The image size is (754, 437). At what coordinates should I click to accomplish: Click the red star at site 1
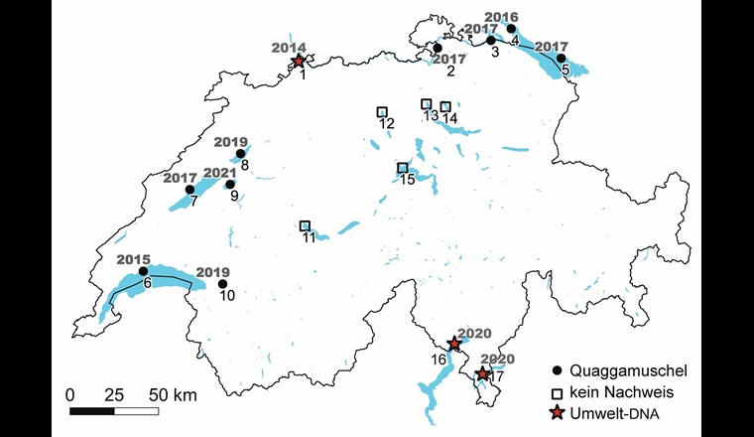pyautogui.click(x=299, y=61)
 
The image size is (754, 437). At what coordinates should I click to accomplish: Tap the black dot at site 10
pyautogui.click(x=223, y=283)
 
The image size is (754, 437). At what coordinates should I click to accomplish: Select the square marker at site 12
pyautogui.click(x=382, y=112)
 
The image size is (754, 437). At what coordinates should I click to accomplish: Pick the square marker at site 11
pyautogui.click(x=306, y=226)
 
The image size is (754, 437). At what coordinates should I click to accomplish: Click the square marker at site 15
pyautogui.click(x=403, y=168)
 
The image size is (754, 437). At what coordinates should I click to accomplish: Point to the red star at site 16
pyautogui.click(x=454, y=344)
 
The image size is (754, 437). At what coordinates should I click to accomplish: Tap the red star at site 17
pyautogui.click(x=483, y=373)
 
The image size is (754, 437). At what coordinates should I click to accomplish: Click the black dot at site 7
pyautogui.click(x=189, y=189)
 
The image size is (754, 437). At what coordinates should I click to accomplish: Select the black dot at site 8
pyautogui.click(x=240, y=154)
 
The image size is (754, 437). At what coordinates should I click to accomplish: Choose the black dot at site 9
pyautogui.click(x=230, y=184)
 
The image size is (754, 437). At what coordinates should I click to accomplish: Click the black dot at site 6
pyautogui.click(x=143, y=270)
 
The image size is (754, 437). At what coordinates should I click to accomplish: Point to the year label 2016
pyautogui.click(x=502, y=17)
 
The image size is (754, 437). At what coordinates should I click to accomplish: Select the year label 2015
pyautogui.click(x=133, y=259)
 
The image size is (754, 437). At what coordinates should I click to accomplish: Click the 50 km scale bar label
pyautogui.click(x=172, y=394)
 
